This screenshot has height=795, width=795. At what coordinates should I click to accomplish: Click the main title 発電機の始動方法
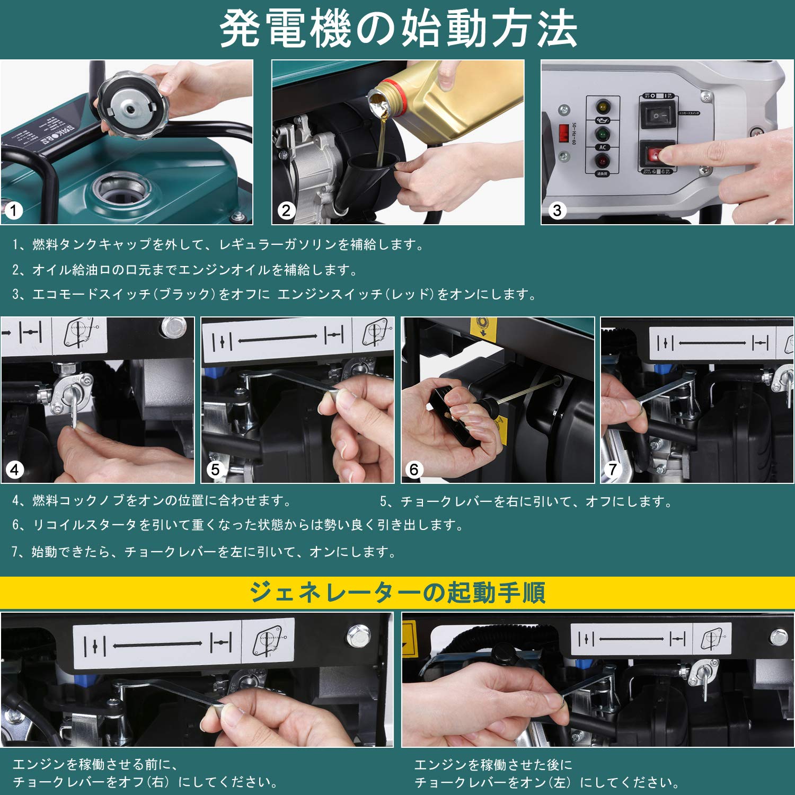397,29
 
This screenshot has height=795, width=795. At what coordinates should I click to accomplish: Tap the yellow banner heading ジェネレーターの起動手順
397,593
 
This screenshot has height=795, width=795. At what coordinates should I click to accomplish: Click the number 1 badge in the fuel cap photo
14,211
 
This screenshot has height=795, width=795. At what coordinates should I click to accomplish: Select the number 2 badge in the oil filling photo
286,211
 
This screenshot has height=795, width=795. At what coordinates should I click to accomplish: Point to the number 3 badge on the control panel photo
556,211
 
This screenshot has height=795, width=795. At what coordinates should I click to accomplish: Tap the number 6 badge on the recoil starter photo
413,469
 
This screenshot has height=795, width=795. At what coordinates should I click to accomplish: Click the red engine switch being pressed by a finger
656,155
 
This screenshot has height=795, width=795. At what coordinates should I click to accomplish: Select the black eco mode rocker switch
658,115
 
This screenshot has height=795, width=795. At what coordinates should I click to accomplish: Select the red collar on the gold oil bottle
395,91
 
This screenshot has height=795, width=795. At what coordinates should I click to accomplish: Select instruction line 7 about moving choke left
204,552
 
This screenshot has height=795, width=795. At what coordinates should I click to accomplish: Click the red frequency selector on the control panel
564,132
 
